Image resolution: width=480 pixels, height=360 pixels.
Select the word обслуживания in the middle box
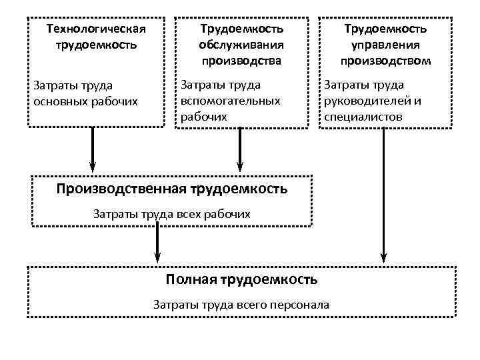[241, 45]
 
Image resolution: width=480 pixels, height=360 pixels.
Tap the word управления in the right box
[385, 45]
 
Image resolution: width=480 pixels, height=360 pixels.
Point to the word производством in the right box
[385, 61]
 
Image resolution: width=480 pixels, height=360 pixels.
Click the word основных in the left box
[55, 101]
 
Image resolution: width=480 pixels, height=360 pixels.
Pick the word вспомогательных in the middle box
[230, 101]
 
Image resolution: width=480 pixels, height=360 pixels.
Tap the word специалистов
[363, 117]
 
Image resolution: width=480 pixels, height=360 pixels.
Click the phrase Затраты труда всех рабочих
[172, 214]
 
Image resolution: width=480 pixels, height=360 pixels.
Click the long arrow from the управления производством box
[384, 193]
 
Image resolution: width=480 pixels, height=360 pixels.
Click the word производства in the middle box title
[241, 61]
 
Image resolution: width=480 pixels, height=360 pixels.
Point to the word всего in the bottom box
[250, 305]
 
